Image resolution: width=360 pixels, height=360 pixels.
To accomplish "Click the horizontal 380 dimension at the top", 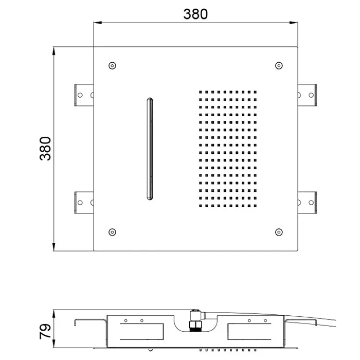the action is pyautogui.click(x=195, y=14).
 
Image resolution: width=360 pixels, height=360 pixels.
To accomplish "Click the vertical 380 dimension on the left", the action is pyautogui.click(x=45, y=149).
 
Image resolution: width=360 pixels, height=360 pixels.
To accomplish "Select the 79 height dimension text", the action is pyautogui.click(x=45, y=331).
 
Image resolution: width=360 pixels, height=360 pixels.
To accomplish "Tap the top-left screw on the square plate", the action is pyautogui.click(x=112, y=66).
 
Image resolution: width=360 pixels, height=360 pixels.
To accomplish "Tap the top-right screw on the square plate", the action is pyautogui.click(x=279, y=66).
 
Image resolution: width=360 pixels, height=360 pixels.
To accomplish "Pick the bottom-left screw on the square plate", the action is pyautogui.click(x=112, y=232).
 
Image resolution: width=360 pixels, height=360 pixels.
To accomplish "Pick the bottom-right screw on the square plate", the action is pyautogui.click(x=279, y=232).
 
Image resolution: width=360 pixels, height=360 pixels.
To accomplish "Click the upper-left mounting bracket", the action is pyautogui.click(x=84, y=95).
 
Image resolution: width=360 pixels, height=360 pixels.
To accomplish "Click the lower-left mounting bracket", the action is pyautogui.click(x=84, y=203).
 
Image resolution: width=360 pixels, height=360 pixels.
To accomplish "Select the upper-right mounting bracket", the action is pyautogui.click(x=307, y=95).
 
